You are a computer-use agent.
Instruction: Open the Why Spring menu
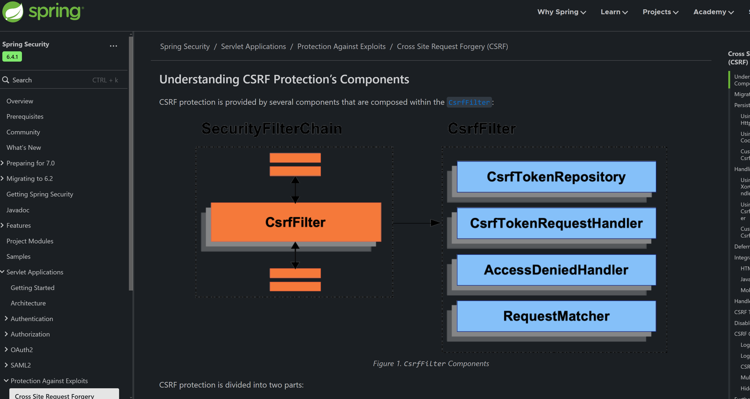coord(561,12)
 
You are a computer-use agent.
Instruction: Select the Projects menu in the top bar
coord(660,12)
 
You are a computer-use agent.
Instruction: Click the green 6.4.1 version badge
coord(12,57)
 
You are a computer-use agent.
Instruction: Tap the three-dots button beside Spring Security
coord(113,46)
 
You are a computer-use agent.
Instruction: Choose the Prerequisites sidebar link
coord(25,116)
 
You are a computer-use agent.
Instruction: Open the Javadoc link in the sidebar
coord(18,210)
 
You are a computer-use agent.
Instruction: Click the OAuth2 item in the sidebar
coord(21,350)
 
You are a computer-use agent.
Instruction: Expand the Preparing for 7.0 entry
coord(30,163)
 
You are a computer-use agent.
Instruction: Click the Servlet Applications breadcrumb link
coord(253,47)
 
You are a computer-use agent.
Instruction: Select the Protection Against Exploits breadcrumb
coord(341,47)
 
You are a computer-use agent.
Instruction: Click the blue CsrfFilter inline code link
coord(469,102)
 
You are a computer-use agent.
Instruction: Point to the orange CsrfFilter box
coord(296,222)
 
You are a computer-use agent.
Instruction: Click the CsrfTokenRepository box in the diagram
coord(556,177)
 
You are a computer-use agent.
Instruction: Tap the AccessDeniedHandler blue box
coord(556,270)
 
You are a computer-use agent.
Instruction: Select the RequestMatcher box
coord(556,316)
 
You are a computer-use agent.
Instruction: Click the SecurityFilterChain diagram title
coord(272,129)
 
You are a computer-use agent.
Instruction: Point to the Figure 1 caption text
coord(431,364)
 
